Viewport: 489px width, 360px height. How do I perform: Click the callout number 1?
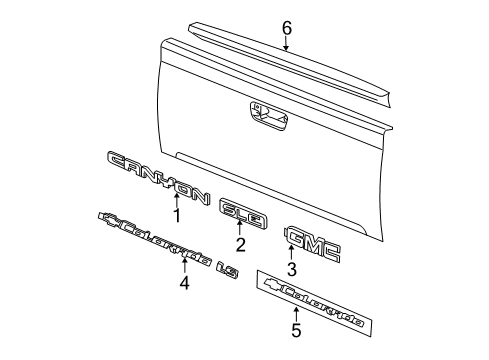point(176,214)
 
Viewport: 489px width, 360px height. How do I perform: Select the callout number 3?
point(292,269)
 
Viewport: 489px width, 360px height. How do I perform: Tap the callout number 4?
point(183,283)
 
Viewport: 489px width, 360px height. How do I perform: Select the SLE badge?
point(240,210)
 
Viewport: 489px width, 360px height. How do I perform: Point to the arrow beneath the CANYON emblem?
point(176,197)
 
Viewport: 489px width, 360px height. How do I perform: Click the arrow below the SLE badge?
point(240,228)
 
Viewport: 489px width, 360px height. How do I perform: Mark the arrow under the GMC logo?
point(292,254)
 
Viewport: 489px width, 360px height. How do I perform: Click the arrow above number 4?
point(183,267)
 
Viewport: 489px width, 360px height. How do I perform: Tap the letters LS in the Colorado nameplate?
point(227,263)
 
